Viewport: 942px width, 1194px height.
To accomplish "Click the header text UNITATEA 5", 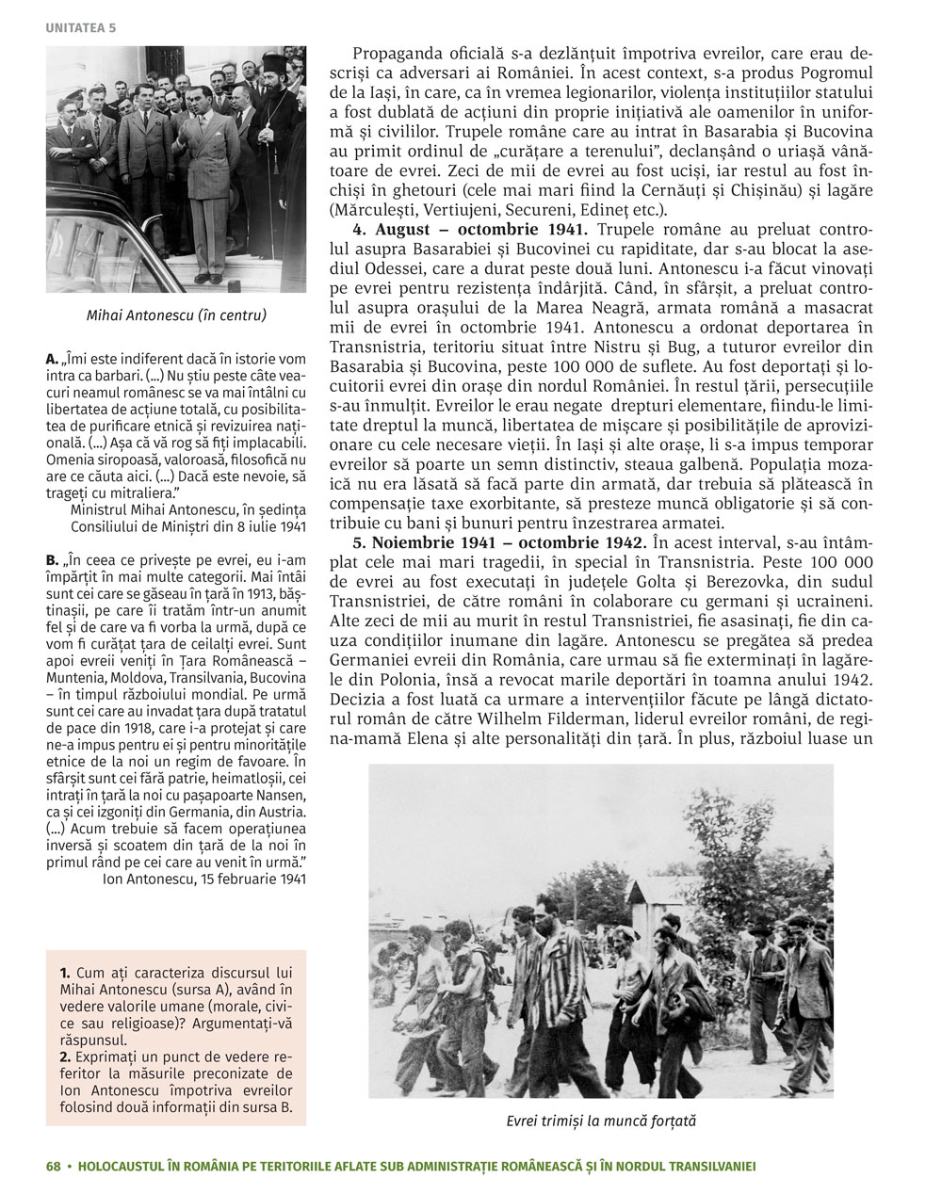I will (x=80, y=27).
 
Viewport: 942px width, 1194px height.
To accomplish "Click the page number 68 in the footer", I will (x=53, y=1166).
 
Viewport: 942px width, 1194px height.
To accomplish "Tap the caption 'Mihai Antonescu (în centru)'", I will (x=175, y=315).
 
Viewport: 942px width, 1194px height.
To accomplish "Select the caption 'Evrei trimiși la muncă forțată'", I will (x=600, y=1121).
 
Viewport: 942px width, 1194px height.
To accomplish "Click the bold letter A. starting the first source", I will (x=52, y=359).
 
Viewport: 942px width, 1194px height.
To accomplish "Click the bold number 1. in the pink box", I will (x=64, y=971).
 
